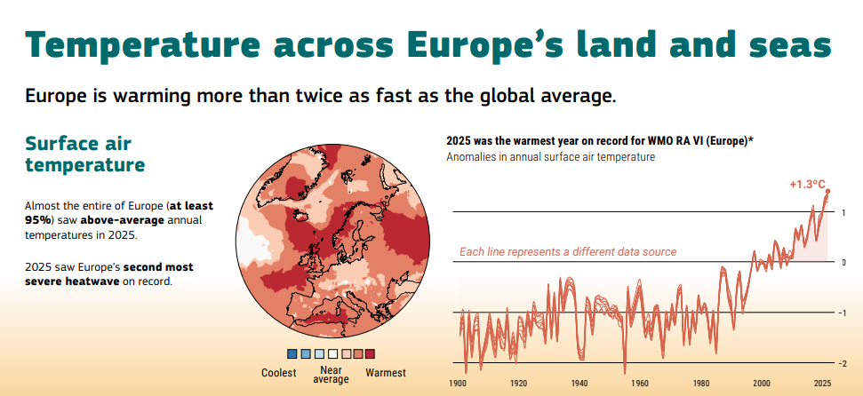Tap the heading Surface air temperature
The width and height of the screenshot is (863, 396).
pyautogui.click(x=85, y=154)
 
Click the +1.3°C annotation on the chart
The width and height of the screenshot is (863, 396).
pyautogui.click(x=807, y=184)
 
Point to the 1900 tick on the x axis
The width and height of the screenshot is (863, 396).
pyautogui.click(x=458, y=383)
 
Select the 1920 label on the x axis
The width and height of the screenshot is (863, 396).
pyautogui.click(x=519, y=383)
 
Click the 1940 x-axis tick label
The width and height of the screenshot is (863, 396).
pyautogui.click(x=579, y=383)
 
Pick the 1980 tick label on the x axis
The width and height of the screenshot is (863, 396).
pyautogui.click(x=701, y=383)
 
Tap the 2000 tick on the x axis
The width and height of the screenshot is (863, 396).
pyautogui.click(x=762, y=383)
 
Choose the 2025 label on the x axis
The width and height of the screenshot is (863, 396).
pyautogui.click(x=822, y=383)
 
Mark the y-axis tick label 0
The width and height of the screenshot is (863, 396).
pyautogui.click(x=842, y=263)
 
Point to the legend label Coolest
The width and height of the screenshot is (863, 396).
pyautogui.click(x=279, y=373)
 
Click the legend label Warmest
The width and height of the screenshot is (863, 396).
pyautogui.click(x=386, y=373)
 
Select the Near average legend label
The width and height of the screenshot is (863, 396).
pyautogui.click(x=331, y=374)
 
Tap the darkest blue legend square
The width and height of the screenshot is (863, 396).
pyautogui.click(x=292, y=353)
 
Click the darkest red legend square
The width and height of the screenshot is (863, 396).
pyautogui.click(x=371, y=353)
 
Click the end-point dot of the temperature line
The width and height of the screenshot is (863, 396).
pyautogui.click(x=827, y=192)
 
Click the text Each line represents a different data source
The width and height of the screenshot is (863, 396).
pyautogui.click(x=568, y=252)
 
